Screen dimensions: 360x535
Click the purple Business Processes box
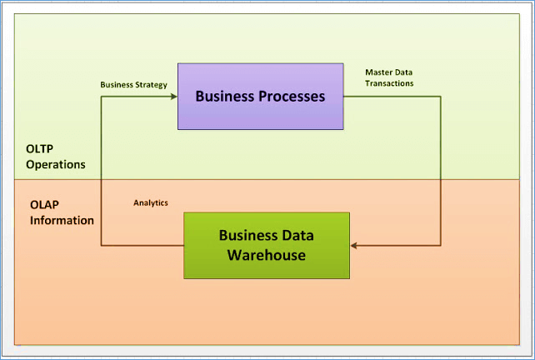click(260, 96)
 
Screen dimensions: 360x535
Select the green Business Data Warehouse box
click(266, 245)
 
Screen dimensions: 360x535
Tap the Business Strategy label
click(133, 85)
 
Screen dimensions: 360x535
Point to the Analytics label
click(151, 202)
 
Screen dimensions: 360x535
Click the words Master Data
click(388, 72)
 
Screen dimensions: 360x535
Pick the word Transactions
click(389, 83)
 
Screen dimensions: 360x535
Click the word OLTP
click(39, 148)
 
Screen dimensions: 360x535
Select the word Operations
click(56, 164)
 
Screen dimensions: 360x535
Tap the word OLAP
click(44, 204)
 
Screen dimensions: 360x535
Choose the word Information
click(62, 221)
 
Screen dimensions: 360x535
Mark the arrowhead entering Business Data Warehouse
click(355, 245)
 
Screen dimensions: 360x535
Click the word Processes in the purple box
click(289, 96)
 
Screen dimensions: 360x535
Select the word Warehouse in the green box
click(266, 254)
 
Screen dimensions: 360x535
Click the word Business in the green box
click(247, 235)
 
